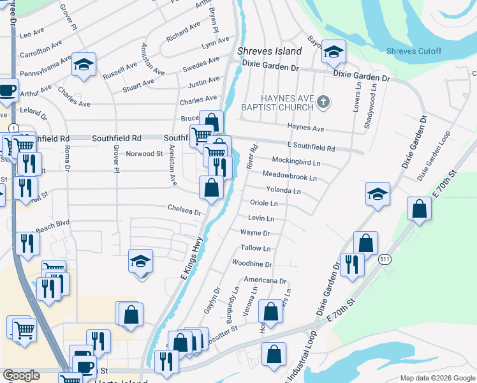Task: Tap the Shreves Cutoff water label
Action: (x=414, y=51)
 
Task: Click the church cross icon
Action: (x=324, y=101)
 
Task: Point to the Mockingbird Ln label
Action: (x=296, y=162)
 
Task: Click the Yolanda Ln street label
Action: (x=283, y=190)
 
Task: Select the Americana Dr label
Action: (x=265, y=280)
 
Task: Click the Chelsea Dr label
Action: (x=184, y=209)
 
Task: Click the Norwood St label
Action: (x=145, y=153)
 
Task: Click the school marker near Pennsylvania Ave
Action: (x=84, y=65)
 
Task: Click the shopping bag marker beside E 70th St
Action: (x=418, y=209)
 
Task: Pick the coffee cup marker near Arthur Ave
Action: (x=7, y=91)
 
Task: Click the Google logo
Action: (x=21, y=375)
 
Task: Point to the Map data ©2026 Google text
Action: (x=437, y=378)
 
